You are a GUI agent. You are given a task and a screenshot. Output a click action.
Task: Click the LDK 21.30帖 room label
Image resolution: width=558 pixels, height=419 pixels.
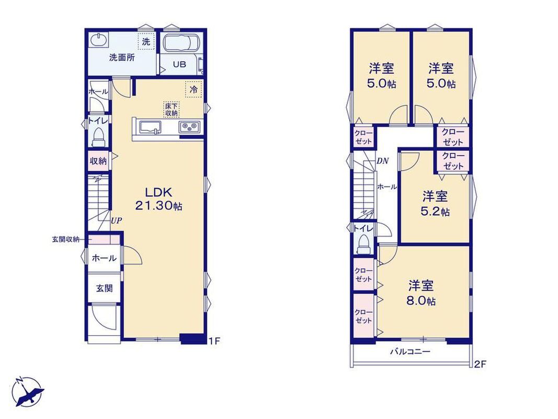[158, 199]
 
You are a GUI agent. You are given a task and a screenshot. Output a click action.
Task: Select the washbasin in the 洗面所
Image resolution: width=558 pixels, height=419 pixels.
[98, 40]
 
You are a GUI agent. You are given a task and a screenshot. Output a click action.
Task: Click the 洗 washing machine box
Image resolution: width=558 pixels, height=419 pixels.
[146, 41]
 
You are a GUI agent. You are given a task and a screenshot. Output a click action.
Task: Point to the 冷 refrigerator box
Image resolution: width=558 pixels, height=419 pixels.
[193, 89]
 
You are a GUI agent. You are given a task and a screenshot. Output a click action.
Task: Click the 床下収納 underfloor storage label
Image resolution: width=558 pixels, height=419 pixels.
[171, 109]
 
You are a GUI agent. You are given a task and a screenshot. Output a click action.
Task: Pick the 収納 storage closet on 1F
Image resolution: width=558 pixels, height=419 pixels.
[98, 161]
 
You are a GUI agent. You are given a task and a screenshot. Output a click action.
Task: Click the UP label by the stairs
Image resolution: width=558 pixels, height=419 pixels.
[117, 220]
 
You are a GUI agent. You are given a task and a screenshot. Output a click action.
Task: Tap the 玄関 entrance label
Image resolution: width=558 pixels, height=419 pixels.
[104, 288]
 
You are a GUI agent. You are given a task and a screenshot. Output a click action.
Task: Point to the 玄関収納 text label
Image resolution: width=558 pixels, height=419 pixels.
[66, 239]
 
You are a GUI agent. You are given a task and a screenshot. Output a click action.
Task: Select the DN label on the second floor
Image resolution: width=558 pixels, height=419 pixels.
[383, 161]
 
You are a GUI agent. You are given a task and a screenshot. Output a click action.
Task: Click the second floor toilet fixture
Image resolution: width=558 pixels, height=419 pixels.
[363, 245]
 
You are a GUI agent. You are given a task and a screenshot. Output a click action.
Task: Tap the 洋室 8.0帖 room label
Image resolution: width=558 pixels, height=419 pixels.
[421, 293]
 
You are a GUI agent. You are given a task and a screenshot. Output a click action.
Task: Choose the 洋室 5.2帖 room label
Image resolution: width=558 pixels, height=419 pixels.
[435, 204]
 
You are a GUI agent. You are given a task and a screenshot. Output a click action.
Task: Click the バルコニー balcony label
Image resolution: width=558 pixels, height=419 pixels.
[411, 352]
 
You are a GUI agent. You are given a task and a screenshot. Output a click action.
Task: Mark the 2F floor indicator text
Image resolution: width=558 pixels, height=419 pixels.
[480, 364]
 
